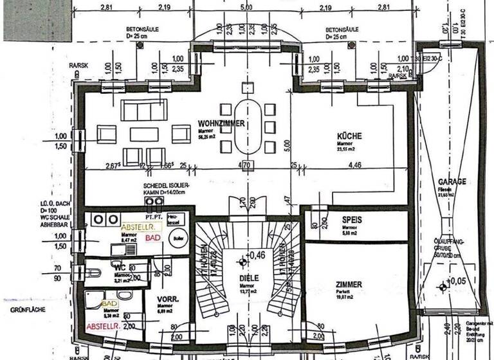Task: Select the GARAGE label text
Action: point(452,182)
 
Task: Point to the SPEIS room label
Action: point(349,220)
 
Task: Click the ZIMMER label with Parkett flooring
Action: point(348,284)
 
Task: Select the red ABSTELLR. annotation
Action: point(104,327)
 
